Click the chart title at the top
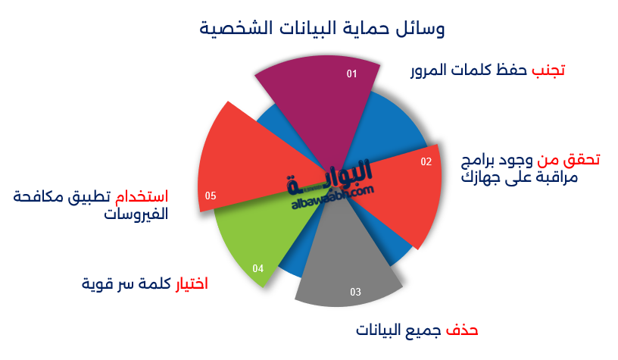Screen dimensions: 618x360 click(322, 28)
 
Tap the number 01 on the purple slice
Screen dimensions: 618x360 click(351, 74)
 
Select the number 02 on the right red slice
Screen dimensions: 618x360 click(426, 161)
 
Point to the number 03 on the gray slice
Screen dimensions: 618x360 click(355, 292)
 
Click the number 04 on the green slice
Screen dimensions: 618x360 click(257, 268)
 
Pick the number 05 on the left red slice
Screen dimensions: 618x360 click(211, 196)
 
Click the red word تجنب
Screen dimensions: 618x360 click(548, 70)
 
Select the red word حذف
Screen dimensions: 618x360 click(462, 330)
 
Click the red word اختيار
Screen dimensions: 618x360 click(192, 283)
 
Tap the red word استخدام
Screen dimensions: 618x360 click(142, 196)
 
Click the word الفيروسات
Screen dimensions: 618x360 click(136, 214)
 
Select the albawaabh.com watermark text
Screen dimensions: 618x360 click(332, 198)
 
